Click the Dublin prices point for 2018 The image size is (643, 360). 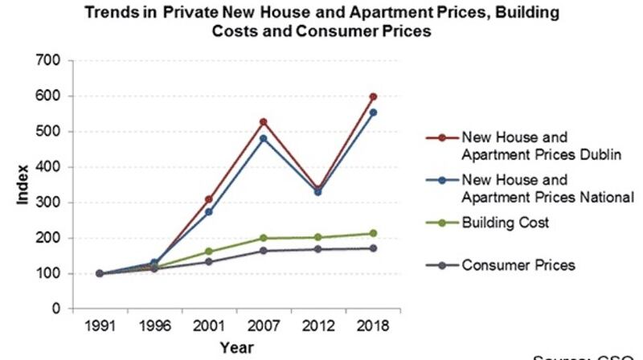tap(373, 96)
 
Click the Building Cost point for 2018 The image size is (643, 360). tap(373, 233)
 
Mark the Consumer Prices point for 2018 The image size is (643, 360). tap(373, 248)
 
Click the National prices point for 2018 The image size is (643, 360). tap(373, 112)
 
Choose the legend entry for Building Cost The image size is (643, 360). tap(506, 223)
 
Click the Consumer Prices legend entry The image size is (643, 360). tap(518, 265)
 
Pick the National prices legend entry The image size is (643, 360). tap(535, 188)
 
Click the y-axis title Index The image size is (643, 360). tap(23, 184)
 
